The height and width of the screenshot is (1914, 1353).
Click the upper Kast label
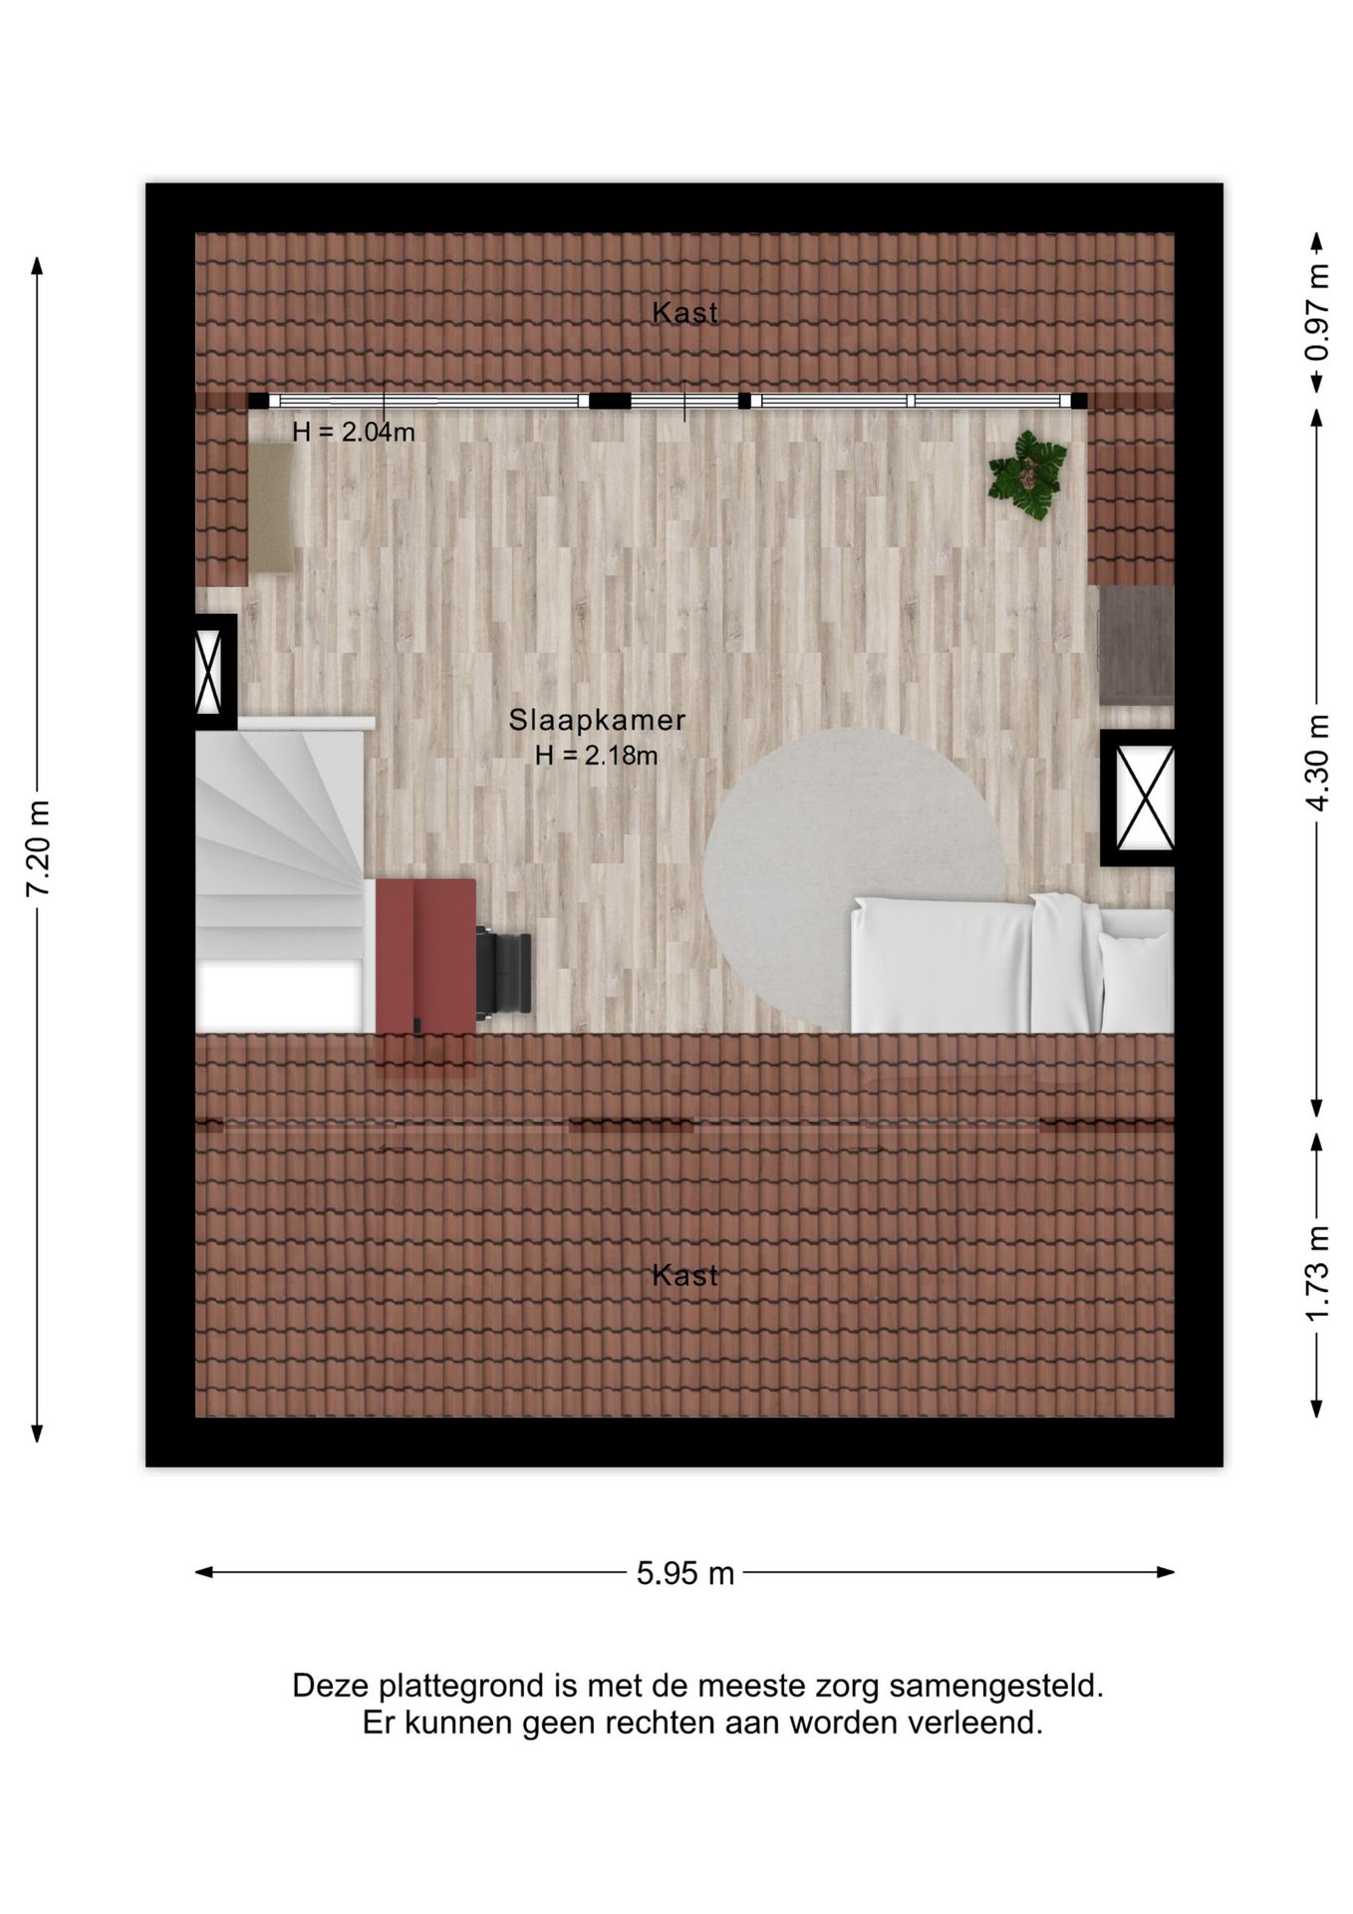[684, 313]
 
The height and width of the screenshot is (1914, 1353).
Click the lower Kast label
[684, 1275]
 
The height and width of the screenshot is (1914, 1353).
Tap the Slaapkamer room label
[597, 720]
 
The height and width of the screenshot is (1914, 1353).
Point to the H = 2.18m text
[596, 756]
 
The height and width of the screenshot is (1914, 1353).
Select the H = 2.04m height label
[354, 433]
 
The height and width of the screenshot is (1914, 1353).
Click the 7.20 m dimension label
[38, 848]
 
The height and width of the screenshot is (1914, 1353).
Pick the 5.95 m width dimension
[684, 1573]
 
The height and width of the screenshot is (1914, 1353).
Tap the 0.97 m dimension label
[1317, 312]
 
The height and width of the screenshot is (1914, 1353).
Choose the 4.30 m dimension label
[1317, 764]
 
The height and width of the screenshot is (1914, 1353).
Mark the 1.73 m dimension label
[1317, 1275]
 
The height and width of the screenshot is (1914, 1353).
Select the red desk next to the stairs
[425, 955]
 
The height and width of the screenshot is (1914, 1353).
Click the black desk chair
[503, 972]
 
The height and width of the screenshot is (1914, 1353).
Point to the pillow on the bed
[1135, 980]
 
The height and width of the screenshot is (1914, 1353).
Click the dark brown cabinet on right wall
[1136, 645]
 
